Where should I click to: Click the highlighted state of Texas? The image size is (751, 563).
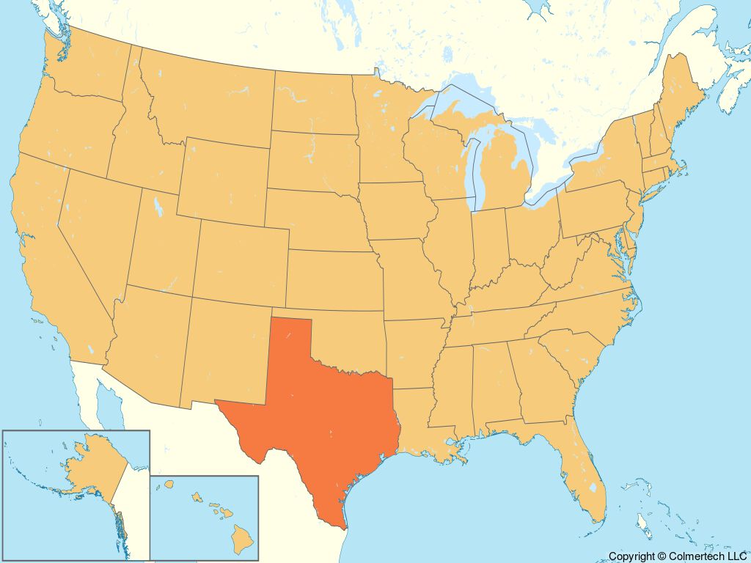click(323, 418)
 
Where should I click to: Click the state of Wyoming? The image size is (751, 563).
click(224, 180)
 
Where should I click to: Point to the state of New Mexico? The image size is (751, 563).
click(224, 348)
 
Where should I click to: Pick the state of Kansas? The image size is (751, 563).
click(334, 279)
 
